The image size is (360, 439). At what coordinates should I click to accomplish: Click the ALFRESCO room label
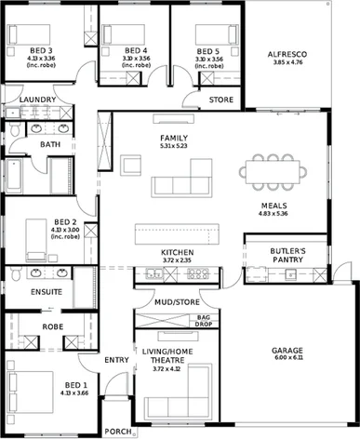pos(287,55)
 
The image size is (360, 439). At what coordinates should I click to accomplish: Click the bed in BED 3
pos(20,34)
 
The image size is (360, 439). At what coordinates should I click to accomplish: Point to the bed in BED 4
pos(118,34)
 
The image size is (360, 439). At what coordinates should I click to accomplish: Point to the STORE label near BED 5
pos(220,99)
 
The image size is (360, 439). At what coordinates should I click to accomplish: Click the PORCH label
pos(117,432)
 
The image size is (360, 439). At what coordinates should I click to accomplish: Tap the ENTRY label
pos(116,359)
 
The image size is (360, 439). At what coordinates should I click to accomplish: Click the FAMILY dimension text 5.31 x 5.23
pos(173,146)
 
